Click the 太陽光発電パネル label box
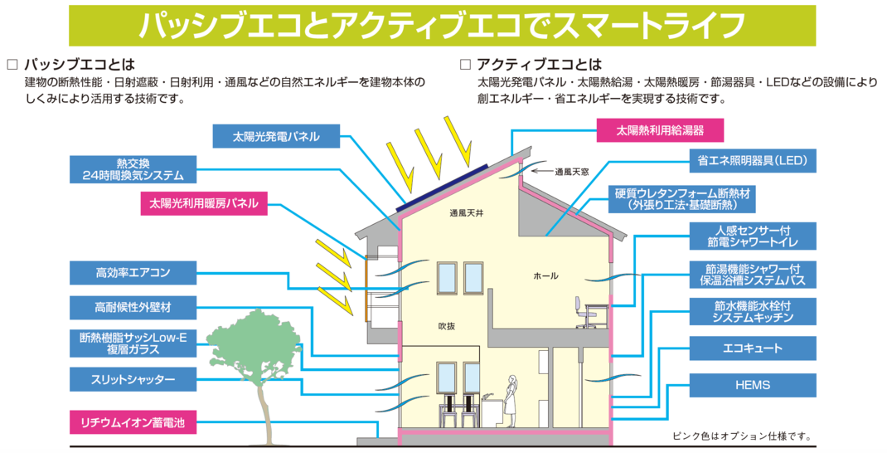click(x=276, y=135)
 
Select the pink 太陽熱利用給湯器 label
click(x=660, y=131)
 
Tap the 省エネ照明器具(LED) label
click(x=753, y=160)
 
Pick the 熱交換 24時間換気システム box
click(x=133, y=168)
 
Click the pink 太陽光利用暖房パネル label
click(x=203, y=202)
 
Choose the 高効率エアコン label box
click(x=133, y=271)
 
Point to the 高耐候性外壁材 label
click(x=133, y=307)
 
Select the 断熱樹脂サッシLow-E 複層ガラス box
click(x=133, y=343)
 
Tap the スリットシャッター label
click(x=133, y=379)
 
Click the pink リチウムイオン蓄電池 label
click(x=133, y=422)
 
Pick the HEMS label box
click(x=753, y=385)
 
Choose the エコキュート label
click(x=753, y=348)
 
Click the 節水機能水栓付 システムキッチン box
click(x=753, y=311)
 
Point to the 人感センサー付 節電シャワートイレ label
click(x=753, y=236)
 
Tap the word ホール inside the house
click(x=545, y=275)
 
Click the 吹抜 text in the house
click(x=446, y=326)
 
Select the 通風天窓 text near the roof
click(x=572, y=172)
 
